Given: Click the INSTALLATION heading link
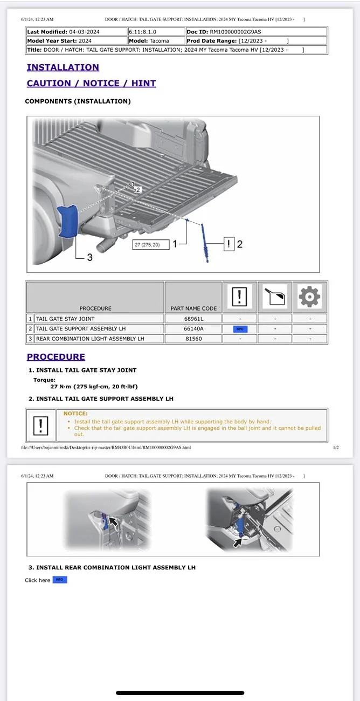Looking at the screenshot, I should [x=63, y=67].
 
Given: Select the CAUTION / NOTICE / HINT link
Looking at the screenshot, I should [x=91, y=83].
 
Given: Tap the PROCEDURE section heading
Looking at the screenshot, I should [x=56, y=356].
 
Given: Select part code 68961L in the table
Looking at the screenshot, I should [x=193, y=319].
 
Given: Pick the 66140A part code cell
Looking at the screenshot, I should [x=193, y=328].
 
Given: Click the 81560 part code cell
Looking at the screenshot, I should [x=193, y=339].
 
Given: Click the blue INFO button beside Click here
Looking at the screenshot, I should [x=59, y=580].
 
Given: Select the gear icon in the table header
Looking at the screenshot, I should [x=309, y=296].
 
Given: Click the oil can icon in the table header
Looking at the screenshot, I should [x=274, y=296].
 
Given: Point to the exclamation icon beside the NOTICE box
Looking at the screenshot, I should [x=41, y=426].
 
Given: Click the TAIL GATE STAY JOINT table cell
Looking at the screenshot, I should [x=65, y=319].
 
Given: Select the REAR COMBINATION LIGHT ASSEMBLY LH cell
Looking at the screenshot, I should [x=90, y=339].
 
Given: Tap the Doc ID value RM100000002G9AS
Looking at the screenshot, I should [x=238, y=32].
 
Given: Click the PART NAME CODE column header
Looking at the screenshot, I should [x=193, y=308].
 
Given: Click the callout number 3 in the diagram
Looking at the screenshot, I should [x=89, y=258].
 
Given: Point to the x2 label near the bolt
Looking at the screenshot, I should [x=137, y=190].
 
